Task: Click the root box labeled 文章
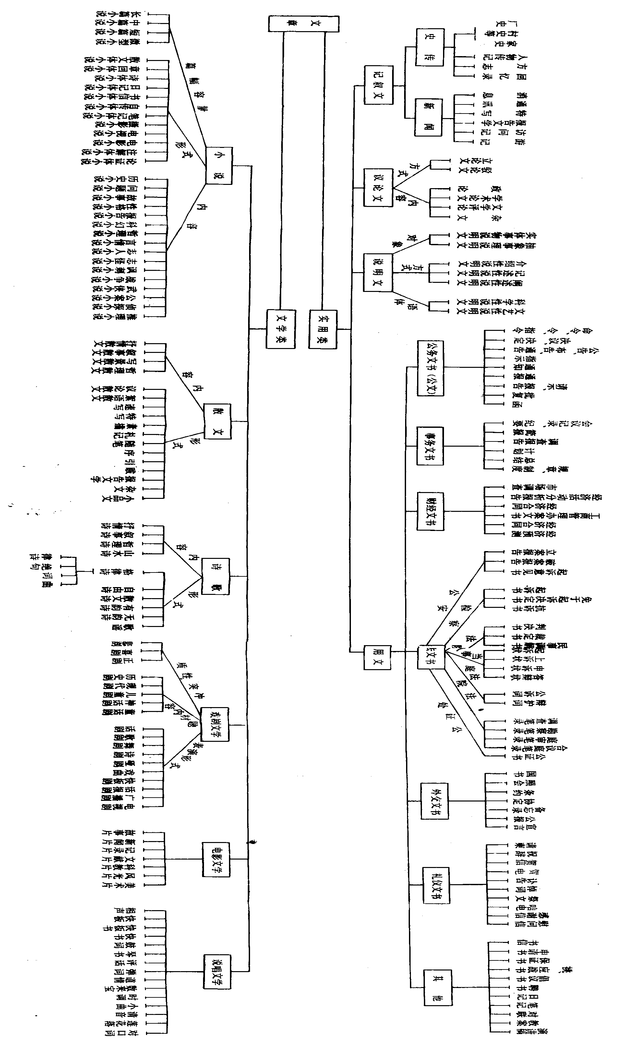pos(304,24)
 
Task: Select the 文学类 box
pos(281,329)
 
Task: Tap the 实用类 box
pos(323,329)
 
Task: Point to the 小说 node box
pos(219,165)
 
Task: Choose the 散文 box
pos(217,421)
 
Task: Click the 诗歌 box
pos(215,576)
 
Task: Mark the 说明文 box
pos(378,272)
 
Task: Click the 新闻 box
pos(428,117)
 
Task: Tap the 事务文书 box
pos(430,446)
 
